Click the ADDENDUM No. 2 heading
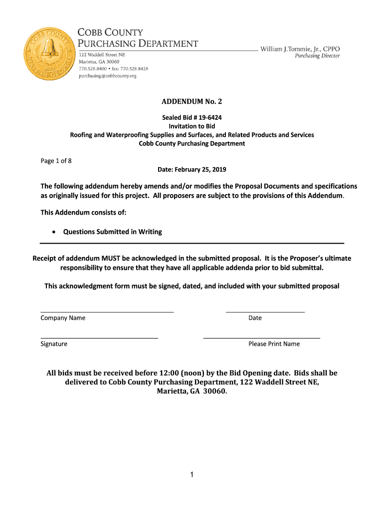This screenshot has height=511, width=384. (x=192, y=102)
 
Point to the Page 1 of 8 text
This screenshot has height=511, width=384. (x=56, y=161)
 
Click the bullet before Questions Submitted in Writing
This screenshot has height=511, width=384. (x=53, y=232)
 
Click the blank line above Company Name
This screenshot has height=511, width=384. (x=107, y=312)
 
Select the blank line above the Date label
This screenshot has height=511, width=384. (x=265, y=312)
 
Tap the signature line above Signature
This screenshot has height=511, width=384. (x=99, y=338)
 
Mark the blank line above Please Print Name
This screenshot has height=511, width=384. (x=261, y=338)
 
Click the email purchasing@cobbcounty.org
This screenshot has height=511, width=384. (x=108, y=76)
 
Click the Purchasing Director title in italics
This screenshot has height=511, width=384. (x=317, y=56)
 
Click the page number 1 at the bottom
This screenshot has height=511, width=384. (x=192, y=475)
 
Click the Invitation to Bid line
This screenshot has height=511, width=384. (x=192, y=126)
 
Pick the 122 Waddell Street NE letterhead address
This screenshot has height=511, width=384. (x=104, y=54)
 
